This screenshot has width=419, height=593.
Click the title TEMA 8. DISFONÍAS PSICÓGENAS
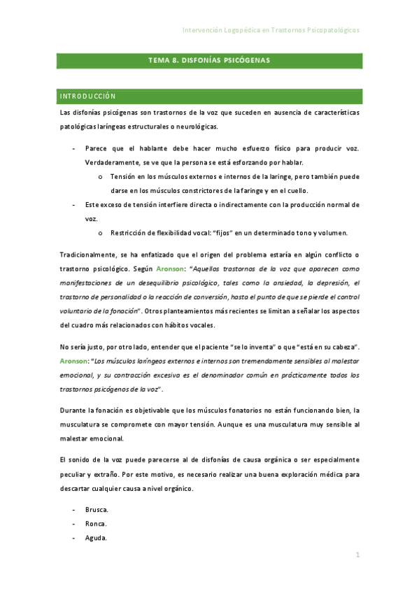point(208,61)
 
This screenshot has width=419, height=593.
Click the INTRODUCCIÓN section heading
point(88,97)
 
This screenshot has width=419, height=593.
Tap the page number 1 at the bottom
point(357,555)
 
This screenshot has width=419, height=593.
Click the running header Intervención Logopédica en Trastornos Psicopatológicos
point(271,31)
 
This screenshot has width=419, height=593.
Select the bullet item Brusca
point(97,510)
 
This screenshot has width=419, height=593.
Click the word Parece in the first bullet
point(96,148)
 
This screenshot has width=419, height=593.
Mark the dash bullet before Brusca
point(75,510)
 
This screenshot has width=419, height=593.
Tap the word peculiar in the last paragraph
point(75,473)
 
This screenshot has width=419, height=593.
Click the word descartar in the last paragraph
point(78,489)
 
